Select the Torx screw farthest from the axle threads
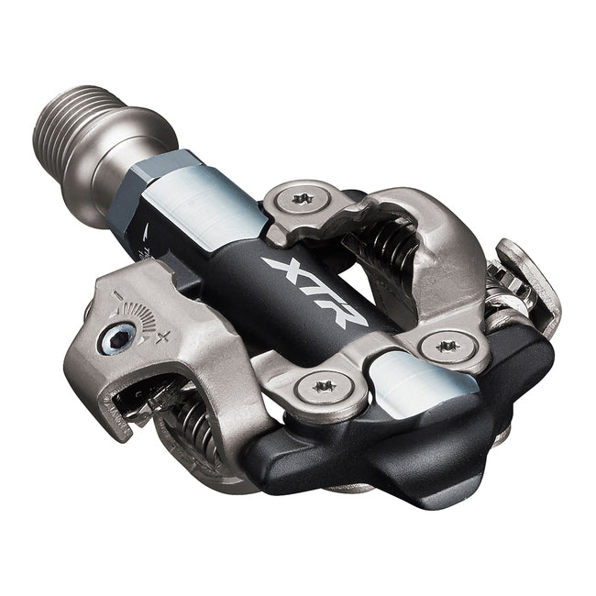(447, 347)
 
